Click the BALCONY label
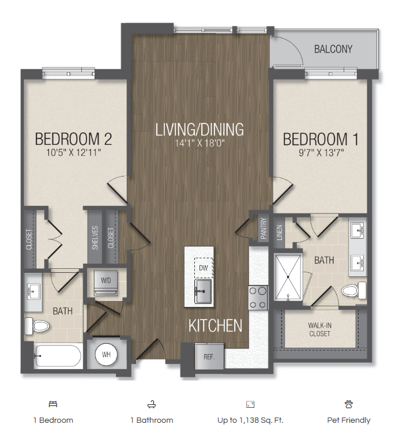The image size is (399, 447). [333, 49]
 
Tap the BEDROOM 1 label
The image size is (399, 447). [315, 140]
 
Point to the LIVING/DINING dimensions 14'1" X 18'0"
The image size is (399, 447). [199, 144]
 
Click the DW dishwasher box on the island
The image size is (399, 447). [203, 267]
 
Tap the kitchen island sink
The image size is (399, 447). [202, 291]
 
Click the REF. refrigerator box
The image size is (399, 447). [209, 356]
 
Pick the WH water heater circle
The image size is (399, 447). [106, 354]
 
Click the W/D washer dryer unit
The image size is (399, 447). [107, 281]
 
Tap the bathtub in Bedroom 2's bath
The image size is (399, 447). [57, 356]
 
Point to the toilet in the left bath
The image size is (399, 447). [37, 326]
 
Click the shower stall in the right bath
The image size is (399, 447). [289, 277]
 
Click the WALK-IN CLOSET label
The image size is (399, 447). [319, 329]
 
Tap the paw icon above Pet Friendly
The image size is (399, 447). [348, 404]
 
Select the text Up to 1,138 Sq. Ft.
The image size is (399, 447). [250, 420]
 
